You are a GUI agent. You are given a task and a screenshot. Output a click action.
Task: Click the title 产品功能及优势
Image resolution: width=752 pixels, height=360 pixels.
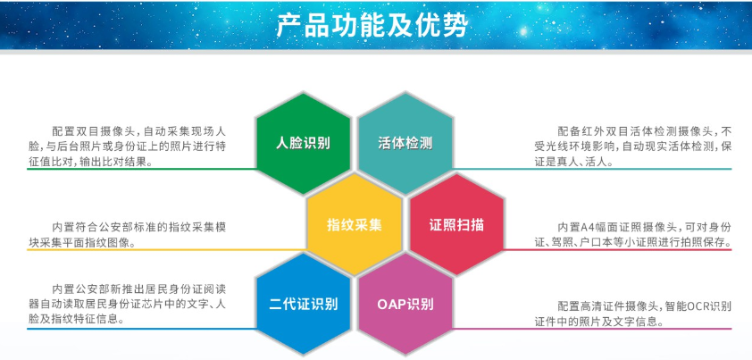coord(372,26)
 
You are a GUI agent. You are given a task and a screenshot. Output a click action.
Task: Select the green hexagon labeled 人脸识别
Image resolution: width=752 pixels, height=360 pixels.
coord(303,143)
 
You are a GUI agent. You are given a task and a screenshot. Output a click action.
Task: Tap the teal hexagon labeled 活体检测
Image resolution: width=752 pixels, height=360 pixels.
coord(405,143)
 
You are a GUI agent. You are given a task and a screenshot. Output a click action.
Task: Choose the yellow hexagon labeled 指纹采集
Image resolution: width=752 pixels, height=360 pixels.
coord(355,224)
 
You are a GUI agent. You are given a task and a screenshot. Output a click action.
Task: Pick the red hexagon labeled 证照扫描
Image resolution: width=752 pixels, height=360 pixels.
coord(456,224)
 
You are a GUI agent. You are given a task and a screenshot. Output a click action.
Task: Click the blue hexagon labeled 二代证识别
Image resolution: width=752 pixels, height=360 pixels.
coord(303,305)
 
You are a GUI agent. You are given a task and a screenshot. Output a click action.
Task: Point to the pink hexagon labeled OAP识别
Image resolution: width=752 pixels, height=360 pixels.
coord(405,305)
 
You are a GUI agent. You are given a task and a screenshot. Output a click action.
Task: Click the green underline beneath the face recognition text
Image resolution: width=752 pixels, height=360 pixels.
coord(142,169)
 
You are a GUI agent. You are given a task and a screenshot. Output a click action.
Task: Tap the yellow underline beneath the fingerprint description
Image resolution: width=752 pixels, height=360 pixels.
coord(167,249)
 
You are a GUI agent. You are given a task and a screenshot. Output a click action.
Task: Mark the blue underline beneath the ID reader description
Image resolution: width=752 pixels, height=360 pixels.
coord(142,329)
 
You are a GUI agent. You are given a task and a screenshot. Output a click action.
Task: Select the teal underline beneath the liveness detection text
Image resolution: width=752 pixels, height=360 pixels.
coord(592,169)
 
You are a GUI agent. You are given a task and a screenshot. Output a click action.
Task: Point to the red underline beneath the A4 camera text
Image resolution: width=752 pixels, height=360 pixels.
coord(618,249)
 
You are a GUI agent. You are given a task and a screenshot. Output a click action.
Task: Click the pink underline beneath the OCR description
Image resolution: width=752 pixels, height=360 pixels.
coord(592,329)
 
